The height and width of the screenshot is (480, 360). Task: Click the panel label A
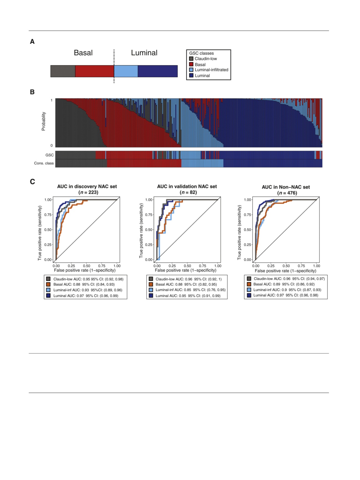coord(32,42)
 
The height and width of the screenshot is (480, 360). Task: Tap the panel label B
coord(32,92)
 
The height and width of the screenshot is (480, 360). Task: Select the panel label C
coord(32,182)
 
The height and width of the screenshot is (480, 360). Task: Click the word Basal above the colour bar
coord(83,53)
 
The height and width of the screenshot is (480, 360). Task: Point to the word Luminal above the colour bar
coord(144,53)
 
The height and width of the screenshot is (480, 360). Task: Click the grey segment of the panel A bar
coord(63,71)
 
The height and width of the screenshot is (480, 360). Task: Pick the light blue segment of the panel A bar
coord(126,71)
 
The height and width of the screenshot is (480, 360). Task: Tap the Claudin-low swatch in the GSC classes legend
coord(191,59)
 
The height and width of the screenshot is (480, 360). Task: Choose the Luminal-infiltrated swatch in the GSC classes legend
coord(191,70)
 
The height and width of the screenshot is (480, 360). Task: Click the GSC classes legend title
coord(201,53)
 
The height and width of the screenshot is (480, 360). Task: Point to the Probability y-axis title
coord(43,121)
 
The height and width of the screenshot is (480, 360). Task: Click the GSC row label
coord(50,155)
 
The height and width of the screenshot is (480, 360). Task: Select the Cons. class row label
coord(44,163)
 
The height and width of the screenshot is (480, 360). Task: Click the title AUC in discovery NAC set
coord(87,187)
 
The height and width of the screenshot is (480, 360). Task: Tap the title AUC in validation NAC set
coord(187,187)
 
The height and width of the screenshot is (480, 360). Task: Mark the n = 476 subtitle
coord(287,193)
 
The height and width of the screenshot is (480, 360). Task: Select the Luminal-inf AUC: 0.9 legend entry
coord(287,290)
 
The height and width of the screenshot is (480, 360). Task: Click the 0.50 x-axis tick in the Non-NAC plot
coord(286,266)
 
